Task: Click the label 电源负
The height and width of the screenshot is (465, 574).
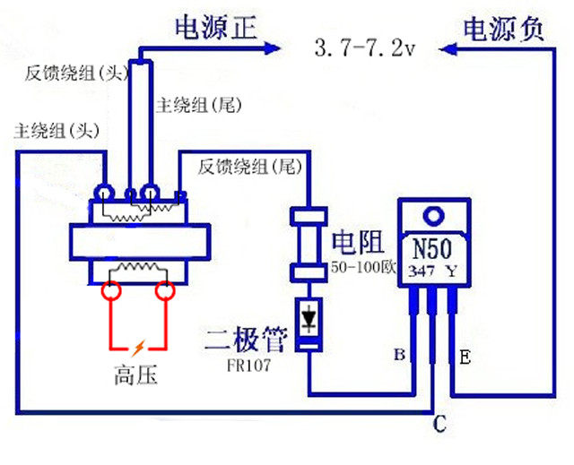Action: (x=503, y=29)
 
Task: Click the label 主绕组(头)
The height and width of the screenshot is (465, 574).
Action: (x=54, y=131)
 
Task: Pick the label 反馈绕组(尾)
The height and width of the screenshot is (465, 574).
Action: (x=249, y=166)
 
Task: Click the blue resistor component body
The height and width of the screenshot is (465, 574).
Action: (x=308, y=245)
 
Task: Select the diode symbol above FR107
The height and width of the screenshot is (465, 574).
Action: (x=309, y=318)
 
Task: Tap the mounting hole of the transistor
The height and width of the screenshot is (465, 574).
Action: (x=435, y=216)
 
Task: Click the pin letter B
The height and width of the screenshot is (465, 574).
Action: (x=399, y=357)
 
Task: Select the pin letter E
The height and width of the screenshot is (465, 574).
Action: (x=466, y=357)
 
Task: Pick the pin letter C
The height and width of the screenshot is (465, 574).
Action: (x=438, y=425)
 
